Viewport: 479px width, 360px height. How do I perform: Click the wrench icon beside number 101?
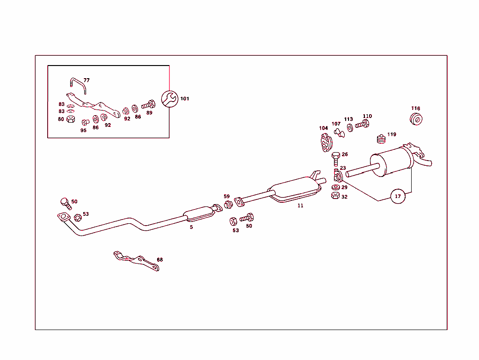coord(169,99)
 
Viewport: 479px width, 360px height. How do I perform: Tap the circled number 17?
coord(398,196)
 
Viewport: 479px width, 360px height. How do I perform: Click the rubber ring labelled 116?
coord(416,119)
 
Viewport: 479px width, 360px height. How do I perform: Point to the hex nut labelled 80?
coord(71,119)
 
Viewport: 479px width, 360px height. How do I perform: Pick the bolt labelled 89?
coord(148,105)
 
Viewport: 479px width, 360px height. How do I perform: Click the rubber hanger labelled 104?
coord(326,142)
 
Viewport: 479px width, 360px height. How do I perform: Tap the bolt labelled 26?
coord(336,159)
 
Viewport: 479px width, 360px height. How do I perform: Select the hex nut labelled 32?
coord(335,196)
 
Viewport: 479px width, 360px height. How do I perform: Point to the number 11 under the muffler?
coord(300,206)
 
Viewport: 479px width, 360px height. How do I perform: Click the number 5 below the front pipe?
coord(191,227)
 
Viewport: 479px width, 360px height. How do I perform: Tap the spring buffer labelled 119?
coord(381,139)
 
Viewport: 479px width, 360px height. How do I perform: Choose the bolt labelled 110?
coord(362,124)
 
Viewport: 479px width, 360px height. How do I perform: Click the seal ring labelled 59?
coord(228,205)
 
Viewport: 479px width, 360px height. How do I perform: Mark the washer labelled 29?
coord(335,187)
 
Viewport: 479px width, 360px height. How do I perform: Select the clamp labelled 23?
coord(338,176)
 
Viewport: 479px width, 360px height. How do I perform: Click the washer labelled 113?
coord(350,127)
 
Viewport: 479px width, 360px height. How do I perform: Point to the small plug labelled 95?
coord(85,122)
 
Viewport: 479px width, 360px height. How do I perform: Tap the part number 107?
coord(336,124)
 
